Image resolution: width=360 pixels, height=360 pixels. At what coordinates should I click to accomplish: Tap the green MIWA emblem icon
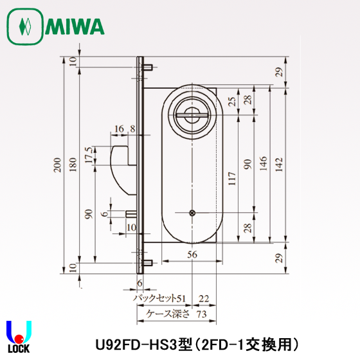tap(25, 27)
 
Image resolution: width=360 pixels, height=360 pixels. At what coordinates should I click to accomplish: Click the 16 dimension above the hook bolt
tap(120, 129)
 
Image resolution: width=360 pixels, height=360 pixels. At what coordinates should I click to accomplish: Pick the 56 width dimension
tap(192, 255)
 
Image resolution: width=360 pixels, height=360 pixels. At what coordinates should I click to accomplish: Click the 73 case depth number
tap(201, 314)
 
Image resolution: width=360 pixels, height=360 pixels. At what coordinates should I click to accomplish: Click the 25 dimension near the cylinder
tap(232, 101)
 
